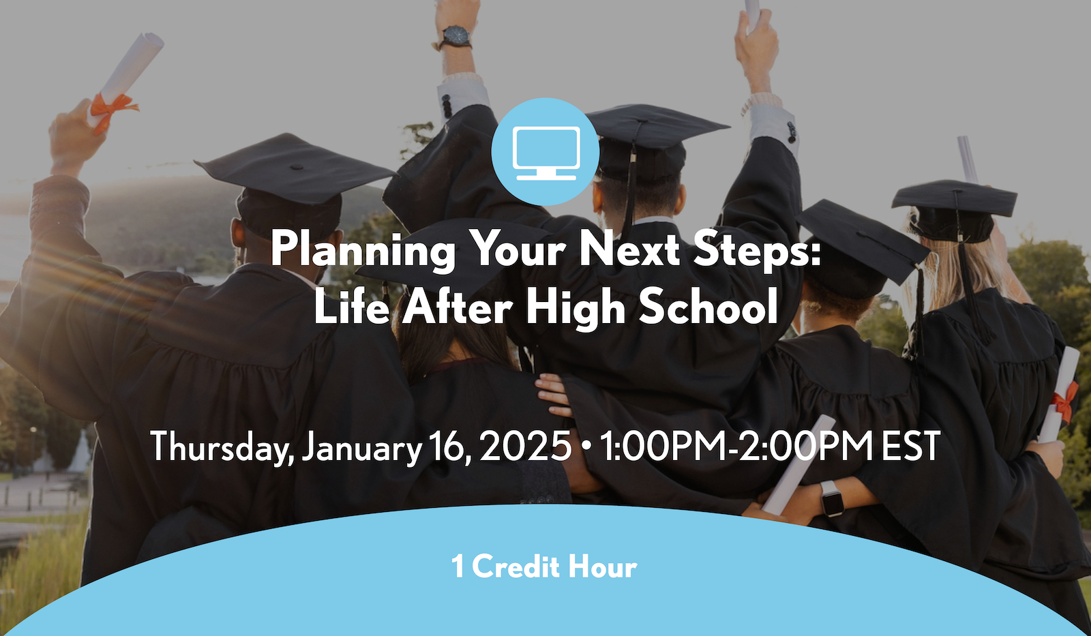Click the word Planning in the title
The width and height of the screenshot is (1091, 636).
(x=363, y=250)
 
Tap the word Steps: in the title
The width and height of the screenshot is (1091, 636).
(x=757, y=250)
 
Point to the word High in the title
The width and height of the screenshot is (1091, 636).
(x=576, y=308)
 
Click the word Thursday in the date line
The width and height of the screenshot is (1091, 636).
(x=222, y=447)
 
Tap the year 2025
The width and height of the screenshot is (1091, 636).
(x=525, y=446)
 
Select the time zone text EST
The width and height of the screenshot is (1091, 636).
(x=911, y=446)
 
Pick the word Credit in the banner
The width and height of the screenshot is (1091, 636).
(x=516, y=566)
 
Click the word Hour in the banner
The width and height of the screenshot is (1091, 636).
(x=603, y=566)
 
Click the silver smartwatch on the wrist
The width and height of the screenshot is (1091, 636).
(x=832, y=498)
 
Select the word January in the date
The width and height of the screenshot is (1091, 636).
(x=361, y=447)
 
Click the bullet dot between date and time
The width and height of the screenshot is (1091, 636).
(x=586, y=446)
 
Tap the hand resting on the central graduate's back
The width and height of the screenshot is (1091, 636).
(x=554, y=396)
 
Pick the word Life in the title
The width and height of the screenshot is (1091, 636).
(x=351, y=307)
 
